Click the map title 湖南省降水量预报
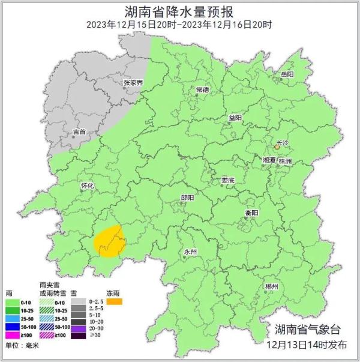tap(179, 11)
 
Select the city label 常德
tap(202, 89)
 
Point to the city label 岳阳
tap(287, 74)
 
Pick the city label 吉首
tap(79, 131)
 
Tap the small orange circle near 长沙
tap(277, 146)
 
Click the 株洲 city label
tap(285, 162)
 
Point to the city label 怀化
tap(88, 186)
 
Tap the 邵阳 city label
tap(187, 198)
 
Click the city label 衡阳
tap(251, 213)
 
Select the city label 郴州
tap(271, 287)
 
